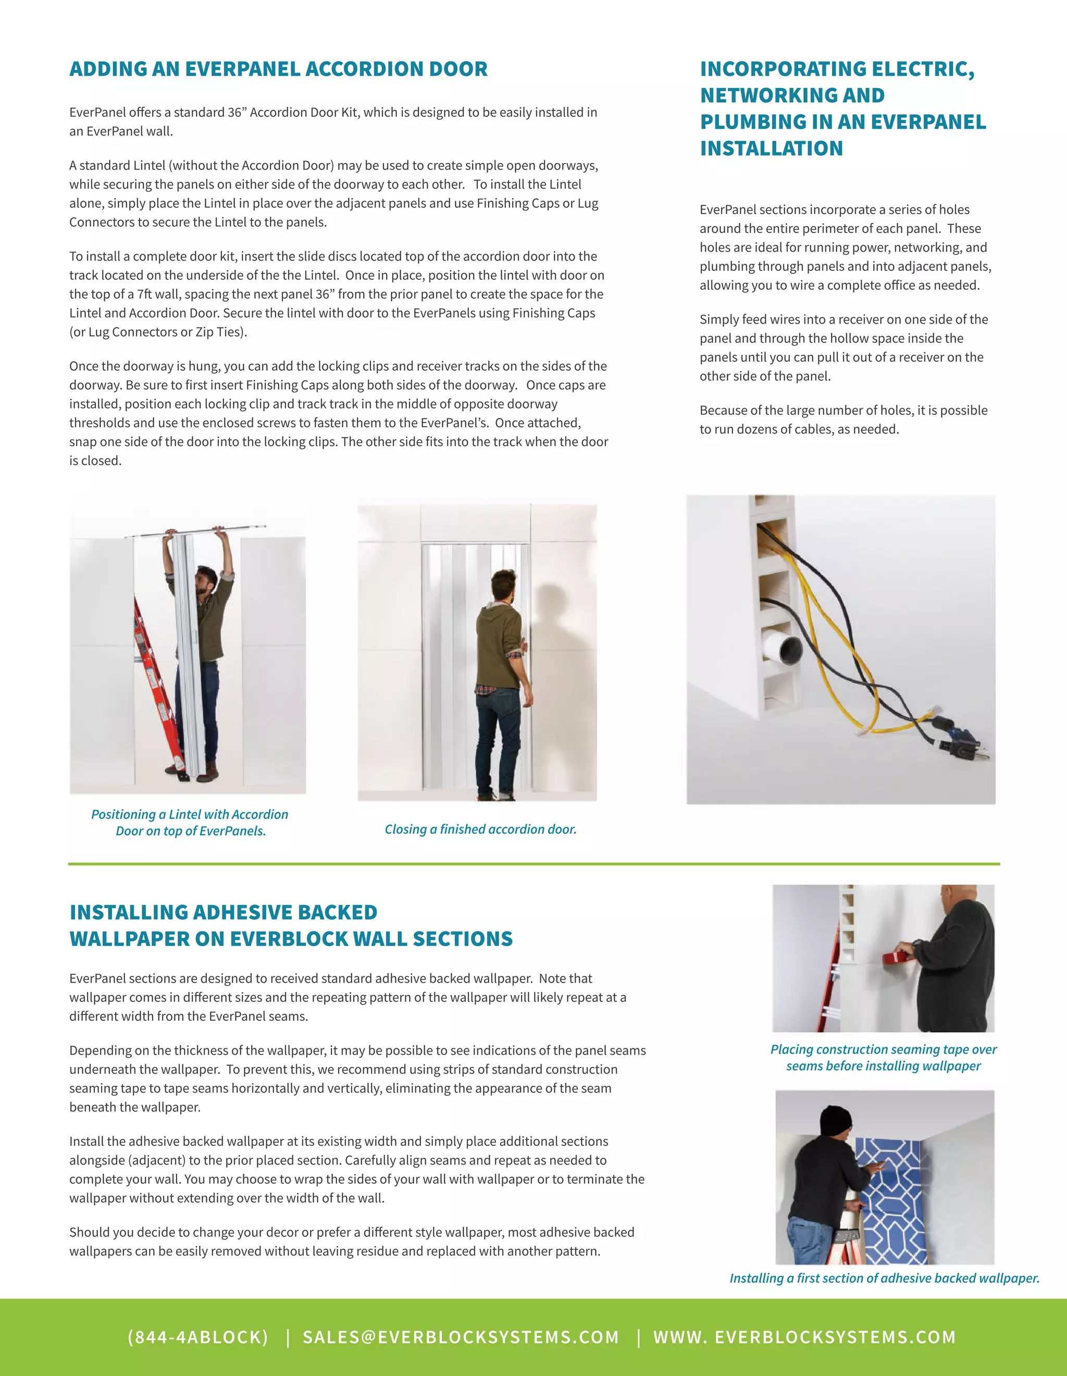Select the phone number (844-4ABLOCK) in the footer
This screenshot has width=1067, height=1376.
198,1337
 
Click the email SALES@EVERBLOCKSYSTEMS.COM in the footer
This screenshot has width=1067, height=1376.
461,1337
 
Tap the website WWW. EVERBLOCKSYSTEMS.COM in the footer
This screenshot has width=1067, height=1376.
804,1337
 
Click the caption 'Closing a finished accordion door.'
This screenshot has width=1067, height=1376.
480,829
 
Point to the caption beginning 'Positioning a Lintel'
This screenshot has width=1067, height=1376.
190,815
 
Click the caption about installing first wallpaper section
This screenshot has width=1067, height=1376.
884,1279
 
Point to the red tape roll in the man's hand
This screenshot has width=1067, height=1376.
890,958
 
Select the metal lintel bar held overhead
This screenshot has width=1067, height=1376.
195,531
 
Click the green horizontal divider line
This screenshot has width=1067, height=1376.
533,864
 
